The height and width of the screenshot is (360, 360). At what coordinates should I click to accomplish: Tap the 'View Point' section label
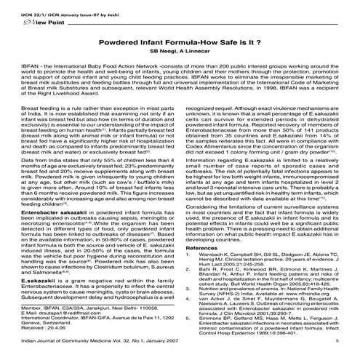tap(28, 21)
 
